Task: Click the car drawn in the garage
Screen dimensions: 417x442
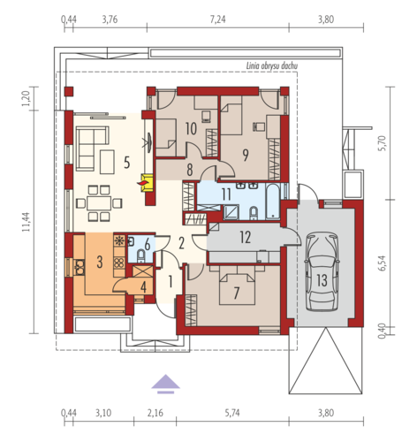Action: [322, 271]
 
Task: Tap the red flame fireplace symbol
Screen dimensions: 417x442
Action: [142, 183]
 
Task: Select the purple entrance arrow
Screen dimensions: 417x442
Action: [165, 384]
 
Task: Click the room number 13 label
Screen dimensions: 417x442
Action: [322, 280]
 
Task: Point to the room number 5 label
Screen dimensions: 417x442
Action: [126, 163]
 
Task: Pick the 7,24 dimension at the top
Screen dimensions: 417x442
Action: [218, 19]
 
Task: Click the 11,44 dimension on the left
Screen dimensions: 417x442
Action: [27, 222]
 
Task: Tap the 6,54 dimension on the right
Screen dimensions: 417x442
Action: [382, 263]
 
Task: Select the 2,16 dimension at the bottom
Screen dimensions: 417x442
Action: [155, 413]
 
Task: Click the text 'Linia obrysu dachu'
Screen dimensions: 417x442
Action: [272, 66]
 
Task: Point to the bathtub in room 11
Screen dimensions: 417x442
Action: [273, 202]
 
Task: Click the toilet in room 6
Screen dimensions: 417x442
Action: [141, 255]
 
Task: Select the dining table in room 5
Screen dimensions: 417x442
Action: [99, 203]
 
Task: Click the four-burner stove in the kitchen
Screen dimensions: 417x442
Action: [119, 263]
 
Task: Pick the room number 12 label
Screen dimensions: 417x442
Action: [246, 237]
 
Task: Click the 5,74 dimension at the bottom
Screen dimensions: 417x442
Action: [232, 413]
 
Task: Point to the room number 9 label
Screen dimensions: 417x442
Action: [246, 155]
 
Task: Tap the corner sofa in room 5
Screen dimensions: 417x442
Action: [92, 149]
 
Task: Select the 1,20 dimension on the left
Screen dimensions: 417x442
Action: [26, 99]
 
